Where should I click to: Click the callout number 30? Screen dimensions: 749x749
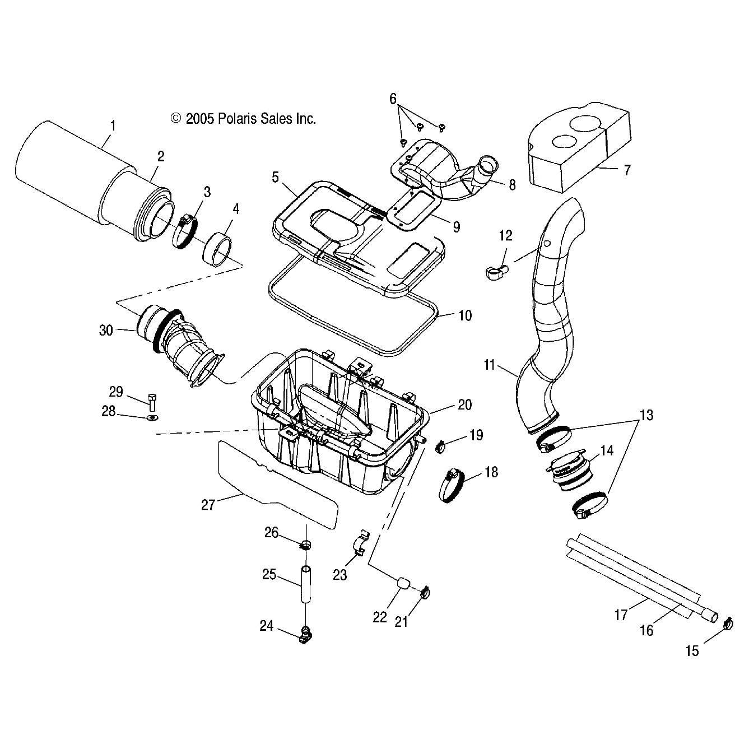point(106,331)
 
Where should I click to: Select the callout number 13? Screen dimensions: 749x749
point(647,415)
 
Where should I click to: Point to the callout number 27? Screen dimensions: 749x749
point(208,505)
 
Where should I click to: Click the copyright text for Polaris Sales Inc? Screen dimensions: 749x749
point(243,118)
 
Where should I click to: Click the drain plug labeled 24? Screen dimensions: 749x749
point(305,635)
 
